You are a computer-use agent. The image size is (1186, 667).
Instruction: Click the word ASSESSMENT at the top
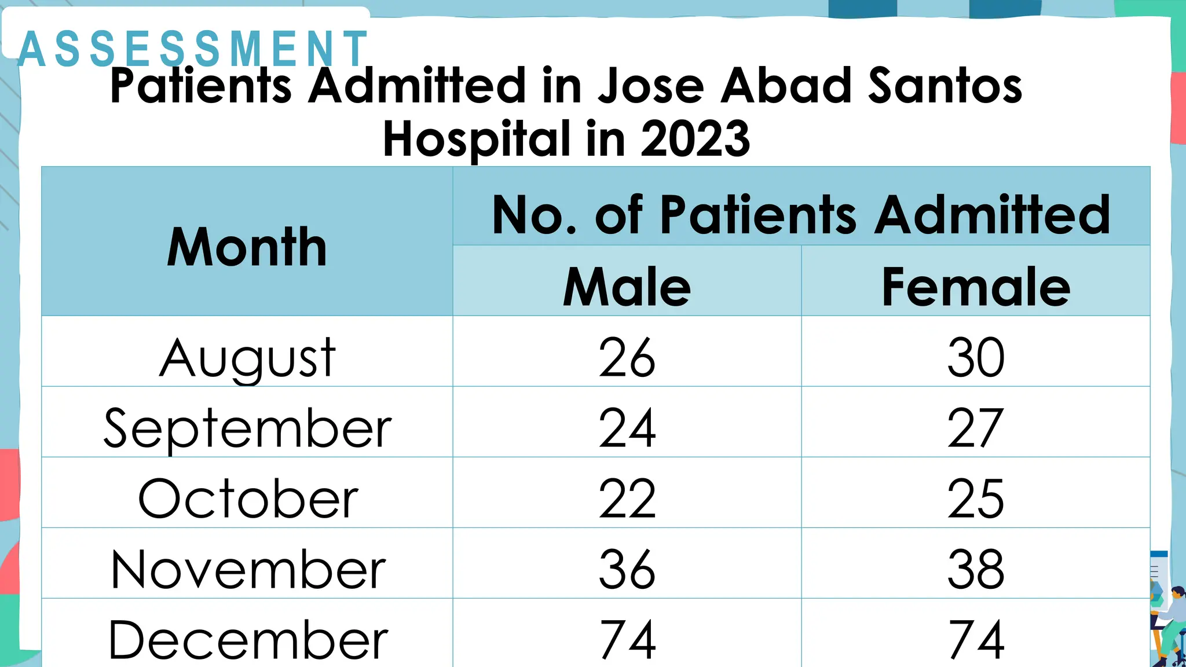[x=193, y=49]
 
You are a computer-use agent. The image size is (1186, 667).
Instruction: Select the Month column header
[x=247, y=247]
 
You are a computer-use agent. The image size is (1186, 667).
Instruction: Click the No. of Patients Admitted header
[x=801, y=215]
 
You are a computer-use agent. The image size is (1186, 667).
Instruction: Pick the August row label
[x=247, y=358]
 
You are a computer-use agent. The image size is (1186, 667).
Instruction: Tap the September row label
[x=247, y=429]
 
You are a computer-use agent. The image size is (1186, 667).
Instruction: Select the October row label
[x=247, y=499]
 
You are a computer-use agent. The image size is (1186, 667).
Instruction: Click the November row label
[x=247, y=570]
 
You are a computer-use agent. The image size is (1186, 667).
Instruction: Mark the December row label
[x=247, y=640]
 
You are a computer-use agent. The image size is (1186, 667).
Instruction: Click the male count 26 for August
[x=627, y=358]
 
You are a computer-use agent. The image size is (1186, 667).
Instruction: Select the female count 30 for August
[x=976, y=358]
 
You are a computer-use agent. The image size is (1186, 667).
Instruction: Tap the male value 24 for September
[x=627, y=428]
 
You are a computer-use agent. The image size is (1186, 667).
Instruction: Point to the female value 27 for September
[x=976, y=428]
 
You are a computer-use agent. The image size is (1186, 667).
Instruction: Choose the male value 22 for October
[x=627, y=499]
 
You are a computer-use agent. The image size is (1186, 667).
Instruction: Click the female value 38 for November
[x=976, y=570]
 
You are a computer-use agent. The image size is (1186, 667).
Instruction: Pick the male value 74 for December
[x=627, y=640]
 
